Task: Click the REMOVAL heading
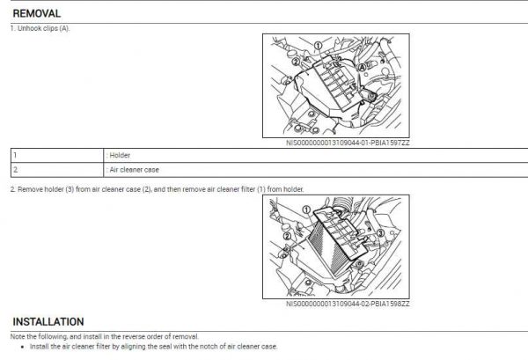point(36,14)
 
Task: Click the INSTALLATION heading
point(48,322)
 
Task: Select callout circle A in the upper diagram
point(363,65)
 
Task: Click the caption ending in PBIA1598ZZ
point(348,304)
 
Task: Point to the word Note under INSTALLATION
point(18,336)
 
